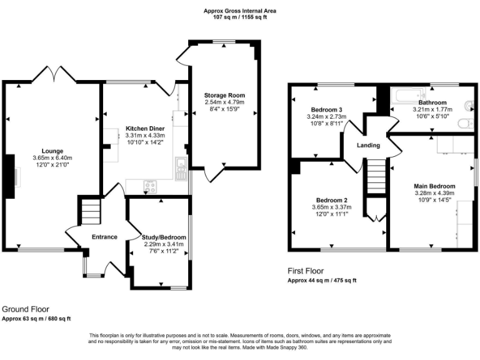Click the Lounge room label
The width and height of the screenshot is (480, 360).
52,151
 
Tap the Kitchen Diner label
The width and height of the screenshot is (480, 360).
144,128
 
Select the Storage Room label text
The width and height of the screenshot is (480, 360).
224,95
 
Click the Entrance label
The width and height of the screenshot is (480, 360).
104,237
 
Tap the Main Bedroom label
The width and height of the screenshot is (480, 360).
434,186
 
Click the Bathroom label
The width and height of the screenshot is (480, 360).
432,102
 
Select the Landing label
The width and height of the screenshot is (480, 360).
368,145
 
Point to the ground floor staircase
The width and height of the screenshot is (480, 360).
89,210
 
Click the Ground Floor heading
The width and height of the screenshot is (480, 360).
26,309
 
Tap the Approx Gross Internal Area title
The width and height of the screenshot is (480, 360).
240,11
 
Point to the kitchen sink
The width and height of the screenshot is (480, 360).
181,164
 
